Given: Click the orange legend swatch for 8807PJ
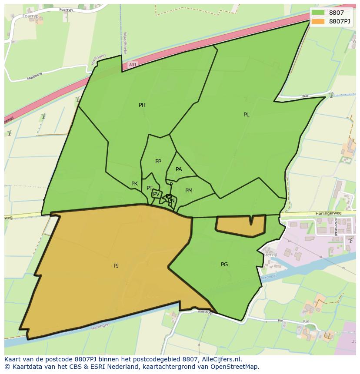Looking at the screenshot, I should pos(318,21).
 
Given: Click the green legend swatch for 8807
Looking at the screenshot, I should pos(318,13).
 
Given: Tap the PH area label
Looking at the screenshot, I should pos(142,105).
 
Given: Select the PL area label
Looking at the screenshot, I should pos(247,115).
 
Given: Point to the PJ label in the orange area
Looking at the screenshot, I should pos(116,265).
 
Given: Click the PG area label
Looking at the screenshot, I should pos(224,264).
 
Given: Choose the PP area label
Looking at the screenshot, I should pos(158,162).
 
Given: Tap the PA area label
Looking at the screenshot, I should pos(179,169).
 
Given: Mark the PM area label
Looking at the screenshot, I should pos(189,191).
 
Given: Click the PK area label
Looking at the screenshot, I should pos(134,184).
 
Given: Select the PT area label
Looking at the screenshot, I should pos(150,188).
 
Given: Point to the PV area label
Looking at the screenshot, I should pos(156,194).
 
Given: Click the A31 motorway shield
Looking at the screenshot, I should pos(133,65).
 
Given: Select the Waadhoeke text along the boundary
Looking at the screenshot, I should pos(125,42).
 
